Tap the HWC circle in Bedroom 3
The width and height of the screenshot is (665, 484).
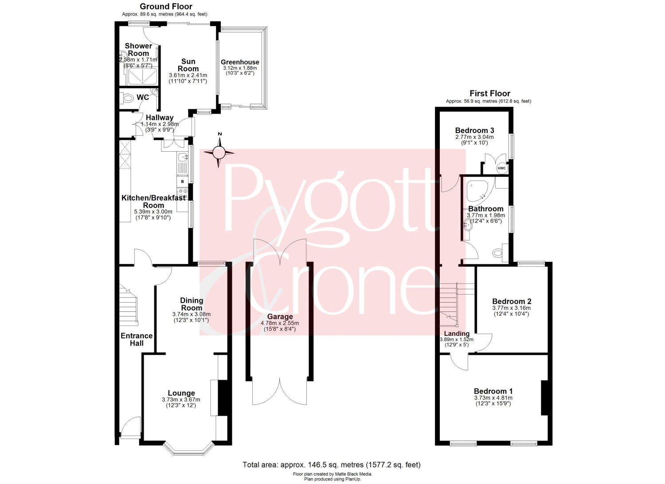click(x=501, y=168)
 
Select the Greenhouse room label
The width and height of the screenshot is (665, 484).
click(x=240, y=62)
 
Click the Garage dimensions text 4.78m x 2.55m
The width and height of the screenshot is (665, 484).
click(x=280, y=323)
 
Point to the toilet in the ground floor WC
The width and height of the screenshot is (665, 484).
click(x=127, y=98)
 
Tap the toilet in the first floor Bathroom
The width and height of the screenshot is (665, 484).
click(x=501, y=253)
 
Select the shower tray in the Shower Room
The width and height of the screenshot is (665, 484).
click(x=142, y=76)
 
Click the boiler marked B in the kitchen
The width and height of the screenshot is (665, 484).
click(x=182, y=181)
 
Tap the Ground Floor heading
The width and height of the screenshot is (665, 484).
click(x=166, y=6)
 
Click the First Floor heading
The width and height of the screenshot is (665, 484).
click(x=490, y=94)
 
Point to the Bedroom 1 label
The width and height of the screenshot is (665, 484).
click(x=493, y=391)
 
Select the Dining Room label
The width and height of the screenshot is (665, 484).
click(x=192, y=304)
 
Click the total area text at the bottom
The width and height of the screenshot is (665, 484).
click(x=332, y=464)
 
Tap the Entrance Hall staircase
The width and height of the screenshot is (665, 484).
click(x=129, y=303)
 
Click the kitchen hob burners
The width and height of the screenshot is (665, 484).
click(x=182, y=194)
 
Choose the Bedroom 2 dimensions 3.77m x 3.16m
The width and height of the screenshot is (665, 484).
click(x=511, y=308)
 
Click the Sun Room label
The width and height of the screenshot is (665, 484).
click(x=188, y=65)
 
